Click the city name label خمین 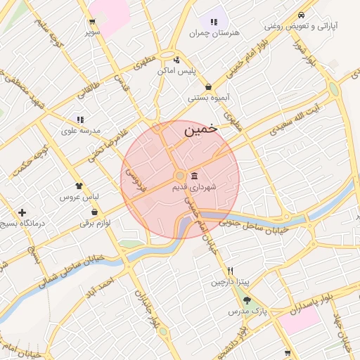pyautogui.click(x=200, y=131)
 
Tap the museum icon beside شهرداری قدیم pyautogui.click(x=194, y=176)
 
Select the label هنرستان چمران pyautogui.click(x=214, y=33)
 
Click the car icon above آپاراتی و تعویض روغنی pyautogui.click(x=301, y=15)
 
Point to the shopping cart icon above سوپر pyautogui.click(x=92, y=22)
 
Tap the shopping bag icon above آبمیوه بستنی pyautogui.click(x=208, y=87)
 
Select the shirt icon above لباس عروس pyautogui.click(x=79, y=186)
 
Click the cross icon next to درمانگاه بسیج pyautogui.click(x=22, y=212)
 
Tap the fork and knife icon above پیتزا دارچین pyautogui.click(x=230, y=271)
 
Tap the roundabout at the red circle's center pyautogui.click(x=180, y=175)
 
